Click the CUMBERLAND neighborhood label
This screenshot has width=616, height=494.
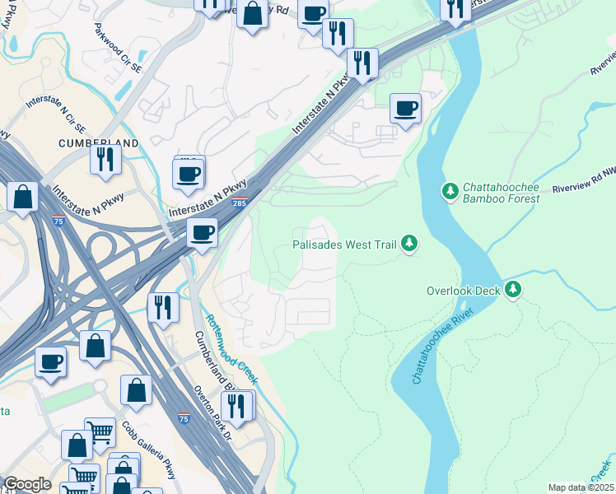[98, 142]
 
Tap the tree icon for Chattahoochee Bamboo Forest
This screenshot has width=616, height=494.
[450, 191]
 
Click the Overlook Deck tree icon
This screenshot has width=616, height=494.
[513, 289]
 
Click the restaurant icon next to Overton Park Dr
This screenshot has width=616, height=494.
[237, 407]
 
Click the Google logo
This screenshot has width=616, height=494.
[26, 484]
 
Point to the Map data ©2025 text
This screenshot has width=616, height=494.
[580, 487]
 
